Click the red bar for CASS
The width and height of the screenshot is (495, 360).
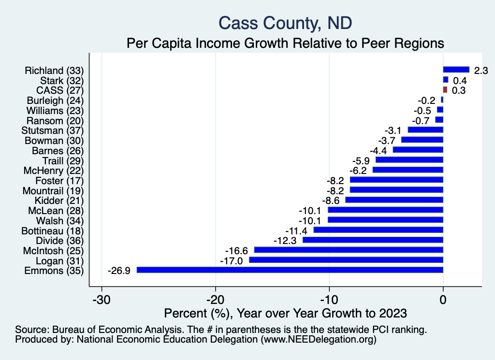pos(445,89)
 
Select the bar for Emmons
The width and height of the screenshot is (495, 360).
pos(290,270)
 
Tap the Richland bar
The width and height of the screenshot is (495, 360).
pos(456,70)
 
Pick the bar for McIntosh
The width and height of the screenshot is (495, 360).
pos(349,250)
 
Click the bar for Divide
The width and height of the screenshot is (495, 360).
pos(373,240)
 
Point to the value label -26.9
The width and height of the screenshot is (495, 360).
pos(118,270)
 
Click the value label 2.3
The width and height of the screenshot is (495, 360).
pos(481,71)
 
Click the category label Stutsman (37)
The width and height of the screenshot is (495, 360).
pos(53,130)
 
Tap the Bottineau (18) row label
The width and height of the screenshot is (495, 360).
pos(53,230)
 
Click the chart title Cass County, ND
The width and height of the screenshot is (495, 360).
pos(285,23)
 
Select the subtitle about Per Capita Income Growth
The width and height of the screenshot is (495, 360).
pos(285,43)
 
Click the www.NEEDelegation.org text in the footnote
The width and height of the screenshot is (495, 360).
pos(318,340)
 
